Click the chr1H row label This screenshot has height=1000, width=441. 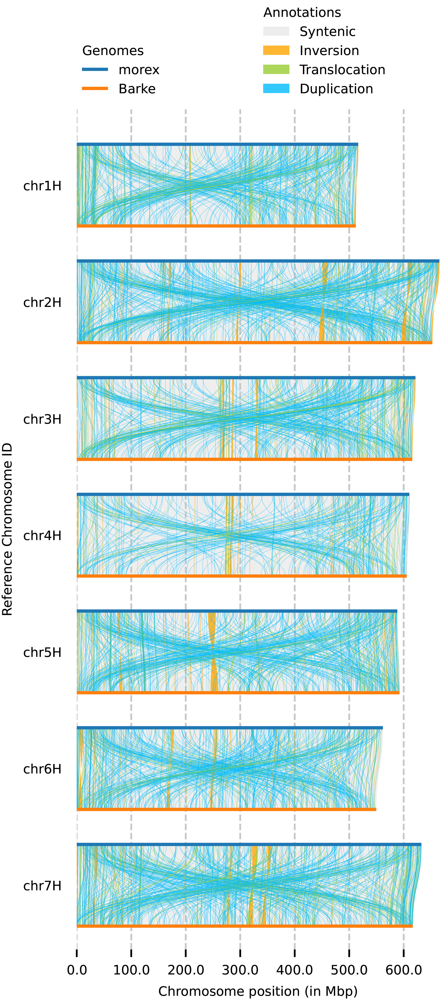(x=42, y=186)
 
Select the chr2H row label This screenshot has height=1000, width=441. (x=42, y=302)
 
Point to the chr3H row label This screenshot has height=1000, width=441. (x=42, y=419)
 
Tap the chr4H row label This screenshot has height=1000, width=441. (x=42, y=536)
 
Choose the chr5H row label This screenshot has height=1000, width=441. (x=42, y=652)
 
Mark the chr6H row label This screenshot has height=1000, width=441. (x=42, y=769)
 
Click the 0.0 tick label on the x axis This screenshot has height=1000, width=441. (x=77, y=970)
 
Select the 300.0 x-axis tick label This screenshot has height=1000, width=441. (x=240, y=970)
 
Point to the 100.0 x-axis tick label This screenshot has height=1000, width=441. (x=131, y=970)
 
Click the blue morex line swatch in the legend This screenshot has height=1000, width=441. (x=95, y=70)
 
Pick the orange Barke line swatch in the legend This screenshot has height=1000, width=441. (x=95, y=89)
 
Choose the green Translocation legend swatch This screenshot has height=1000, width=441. (x=276, y=70)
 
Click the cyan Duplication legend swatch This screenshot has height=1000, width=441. (x=276, y=89)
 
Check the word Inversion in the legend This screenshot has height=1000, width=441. (x=329, y=50)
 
